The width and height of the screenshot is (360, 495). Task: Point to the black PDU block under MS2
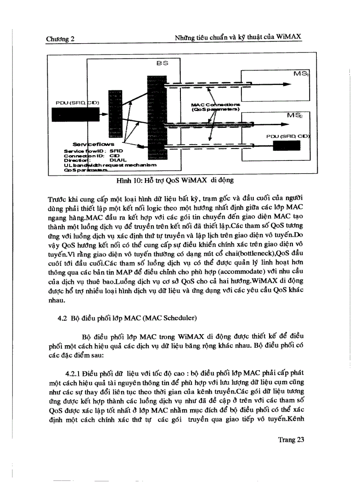point(289,145)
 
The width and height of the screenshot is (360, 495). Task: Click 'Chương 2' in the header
point(60,39)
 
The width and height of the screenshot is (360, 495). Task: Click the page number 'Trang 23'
point(292,439)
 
